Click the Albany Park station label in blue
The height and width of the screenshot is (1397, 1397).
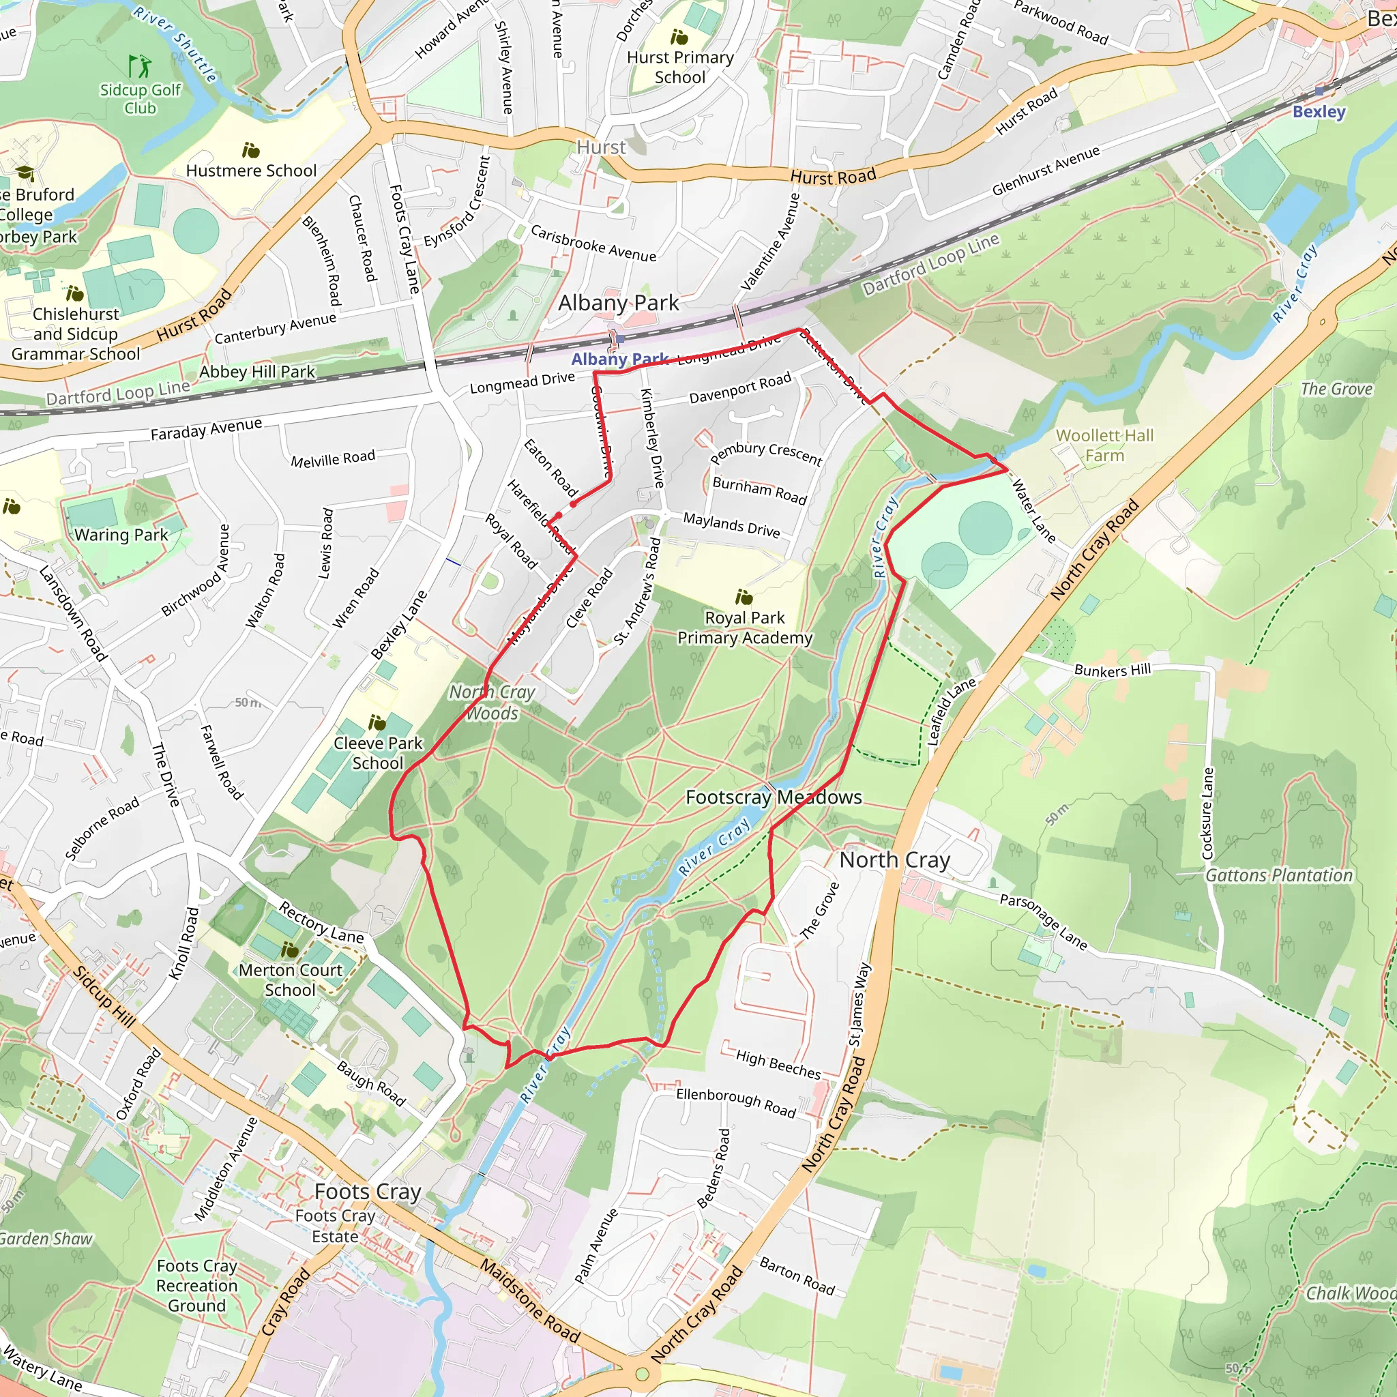(619, 359)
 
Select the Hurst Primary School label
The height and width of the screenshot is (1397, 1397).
(679, 68)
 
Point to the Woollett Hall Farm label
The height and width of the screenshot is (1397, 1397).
(1104, 445)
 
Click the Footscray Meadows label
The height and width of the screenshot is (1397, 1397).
(773, 797)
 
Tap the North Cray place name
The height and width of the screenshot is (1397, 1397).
(894, 859)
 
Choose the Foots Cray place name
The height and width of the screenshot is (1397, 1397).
(368, 1191)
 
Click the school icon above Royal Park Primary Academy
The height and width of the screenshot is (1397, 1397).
(744, 598)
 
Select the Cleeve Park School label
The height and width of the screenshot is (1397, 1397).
(377, 753)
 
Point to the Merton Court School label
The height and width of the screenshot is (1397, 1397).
(290, 980)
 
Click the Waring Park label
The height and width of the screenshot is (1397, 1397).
(121, 535)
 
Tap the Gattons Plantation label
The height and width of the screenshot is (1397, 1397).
(1278, 875)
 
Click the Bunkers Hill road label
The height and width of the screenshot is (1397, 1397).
(1112, 670)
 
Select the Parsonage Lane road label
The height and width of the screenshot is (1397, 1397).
(1043, 921)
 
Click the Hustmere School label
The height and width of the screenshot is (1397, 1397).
(251, 171)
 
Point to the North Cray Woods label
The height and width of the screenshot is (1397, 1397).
(492, 702)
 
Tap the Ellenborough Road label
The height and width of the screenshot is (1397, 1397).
(735, 1103)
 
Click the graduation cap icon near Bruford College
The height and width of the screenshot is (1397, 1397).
(25, 173)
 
